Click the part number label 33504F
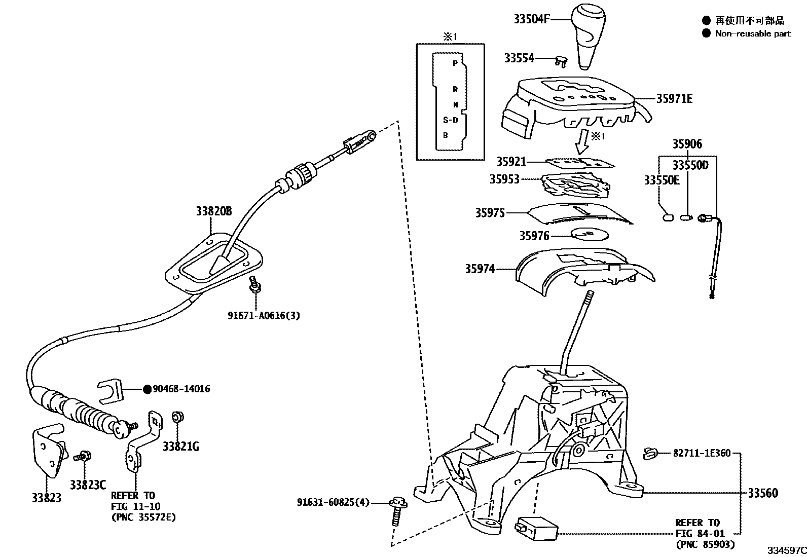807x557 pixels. [531, 19]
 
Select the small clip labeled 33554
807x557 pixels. [561, 61]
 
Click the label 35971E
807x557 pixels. [674, 99]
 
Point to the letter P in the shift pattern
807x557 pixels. [455, 63]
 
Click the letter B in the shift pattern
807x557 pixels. [446, 135]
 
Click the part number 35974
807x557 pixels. [480, 269]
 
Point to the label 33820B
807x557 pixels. [213, 211]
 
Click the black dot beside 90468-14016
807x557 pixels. [146, 389]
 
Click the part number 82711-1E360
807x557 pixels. [702, 453]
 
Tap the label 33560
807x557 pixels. [762, 493]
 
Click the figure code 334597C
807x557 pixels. [786, 550]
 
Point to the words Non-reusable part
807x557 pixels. [753, 34]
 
